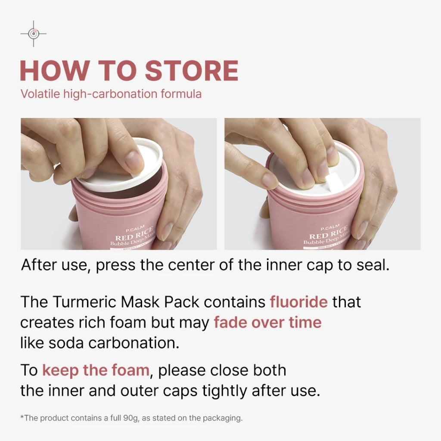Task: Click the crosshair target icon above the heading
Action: tap(34, 34)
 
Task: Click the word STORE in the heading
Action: tap(192, 71)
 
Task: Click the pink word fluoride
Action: tap(299, 302)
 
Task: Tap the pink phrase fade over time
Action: tap(267, 322)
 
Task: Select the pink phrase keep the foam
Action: tap(96, 370)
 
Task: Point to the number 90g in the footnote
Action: tap(130, 418)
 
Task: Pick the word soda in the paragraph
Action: tap(66, 343)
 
